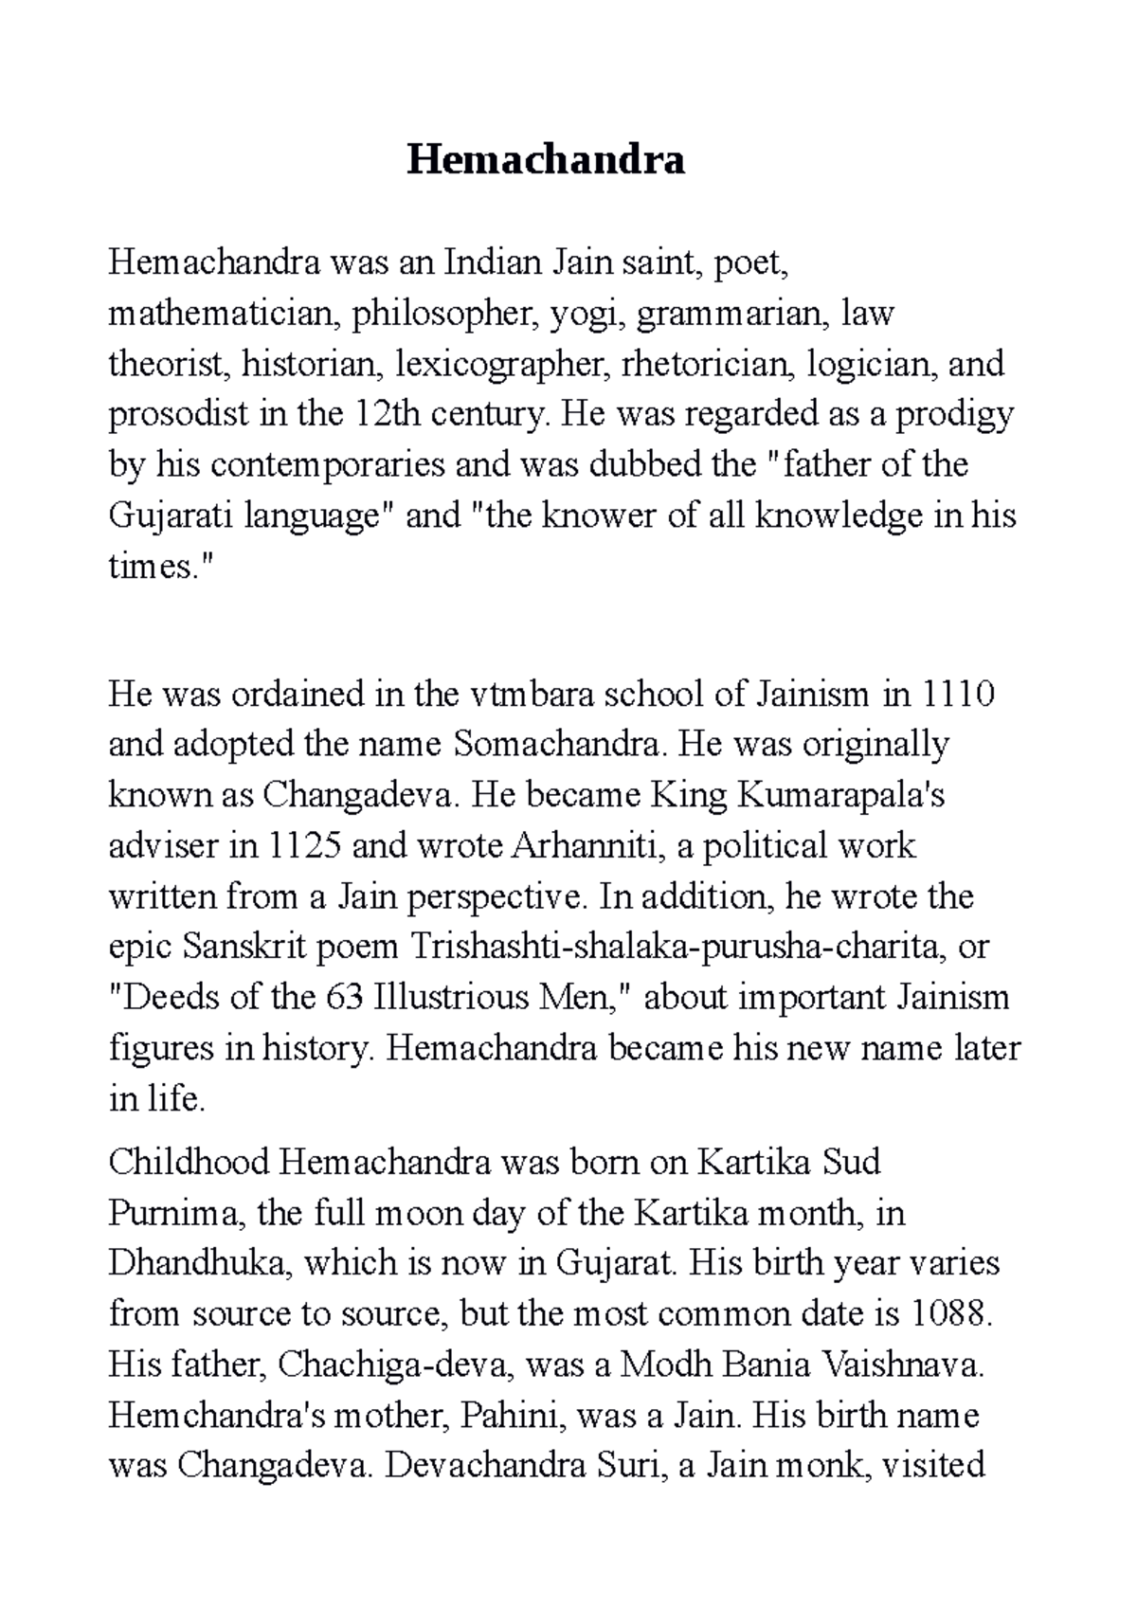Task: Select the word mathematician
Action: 223,314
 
